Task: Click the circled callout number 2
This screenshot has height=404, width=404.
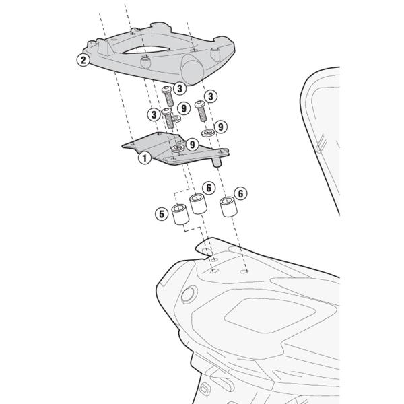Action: point(83,60)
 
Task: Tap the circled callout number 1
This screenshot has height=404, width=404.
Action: point(145,158)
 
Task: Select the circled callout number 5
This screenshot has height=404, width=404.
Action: point(162,214)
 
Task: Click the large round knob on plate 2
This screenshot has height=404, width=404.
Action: point(192,70)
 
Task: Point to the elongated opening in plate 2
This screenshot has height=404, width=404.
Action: point(146,50)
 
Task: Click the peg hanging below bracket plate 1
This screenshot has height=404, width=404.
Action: point(217,162)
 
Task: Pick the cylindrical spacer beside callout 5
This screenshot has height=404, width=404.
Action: point(180,214)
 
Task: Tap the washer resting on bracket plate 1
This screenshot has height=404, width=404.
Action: point(178,148)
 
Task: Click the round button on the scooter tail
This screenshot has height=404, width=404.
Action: point(189,294)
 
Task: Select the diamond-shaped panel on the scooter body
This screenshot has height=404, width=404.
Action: point(270,315)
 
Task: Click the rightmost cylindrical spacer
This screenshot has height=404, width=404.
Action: point(228,207)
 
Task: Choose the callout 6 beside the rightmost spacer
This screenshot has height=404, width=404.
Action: point(240,193)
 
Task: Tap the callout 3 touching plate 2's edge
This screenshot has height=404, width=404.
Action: point(180,88)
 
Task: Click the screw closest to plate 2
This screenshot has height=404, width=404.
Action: point(167,96)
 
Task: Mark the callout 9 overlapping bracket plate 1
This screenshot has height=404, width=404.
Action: point(192,145)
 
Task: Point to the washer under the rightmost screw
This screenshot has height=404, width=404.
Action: point(207,133)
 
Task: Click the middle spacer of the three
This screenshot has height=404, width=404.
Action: point(199,203)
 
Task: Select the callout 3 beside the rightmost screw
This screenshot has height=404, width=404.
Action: point(211,96)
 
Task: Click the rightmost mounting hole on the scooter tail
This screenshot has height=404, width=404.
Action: point(244,271)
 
